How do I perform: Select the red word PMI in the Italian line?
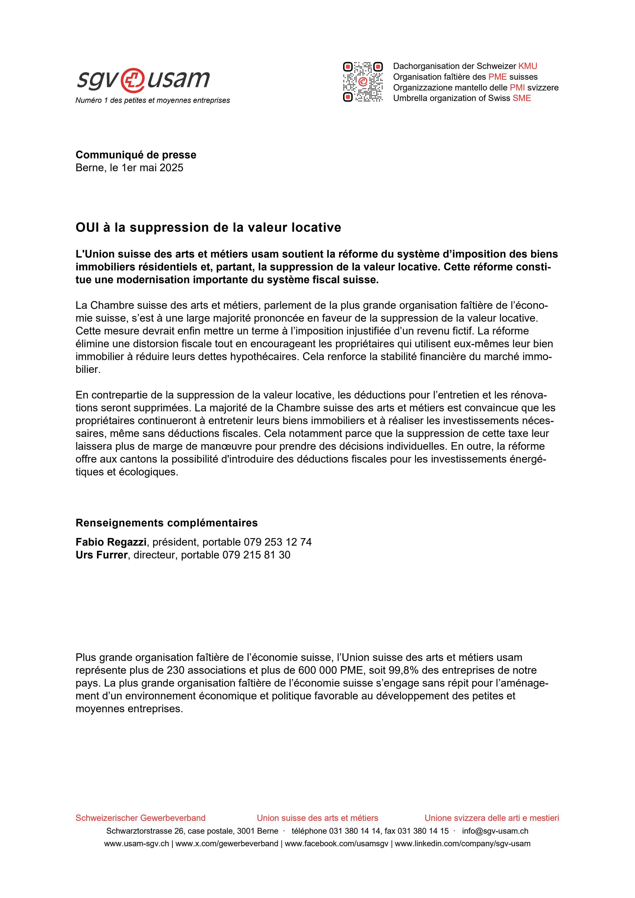pos(517,88)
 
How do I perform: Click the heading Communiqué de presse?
pos(136,155)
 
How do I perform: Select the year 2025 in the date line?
pos(171,168)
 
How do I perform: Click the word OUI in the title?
pos(87,228)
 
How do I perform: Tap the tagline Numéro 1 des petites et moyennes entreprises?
pos(152,100)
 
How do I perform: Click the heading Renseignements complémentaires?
pos(166,523)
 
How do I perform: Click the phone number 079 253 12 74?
pos(278,542)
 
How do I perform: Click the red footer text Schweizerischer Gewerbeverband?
pos(140,818)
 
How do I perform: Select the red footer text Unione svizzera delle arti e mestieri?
pos(492,818)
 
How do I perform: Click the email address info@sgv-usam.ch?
pos(495,831)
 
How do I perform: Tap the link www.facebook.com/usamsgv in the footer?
pos(336,844)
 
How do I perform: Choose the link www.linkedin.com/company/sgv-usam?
pos(463,844)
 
